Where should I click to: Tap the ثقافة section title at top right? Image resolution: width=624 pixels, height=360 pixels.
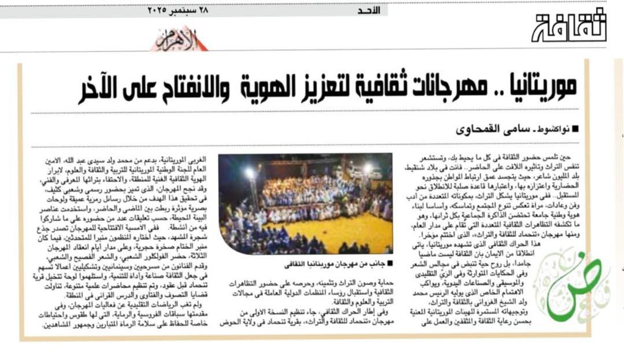pos(569,26)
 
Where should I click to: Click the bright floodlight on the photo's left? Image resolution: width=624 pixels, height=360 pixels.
pos(249,173)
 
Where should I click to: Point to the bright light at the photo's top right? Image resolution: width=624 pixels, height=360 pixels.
pos(367,168)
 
